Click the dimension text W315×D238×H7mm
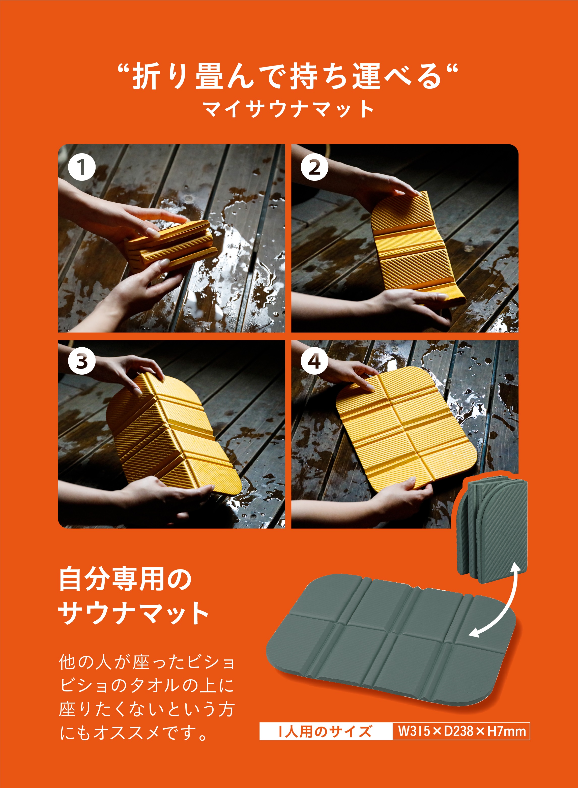click(461, 731)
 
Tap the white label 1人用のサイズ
click(325, 731)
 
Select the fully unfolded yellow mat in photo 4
click(406, 430)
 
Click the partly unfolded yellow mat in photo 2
click(413, 245)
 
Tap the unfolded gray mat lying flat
click(388, 640)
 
